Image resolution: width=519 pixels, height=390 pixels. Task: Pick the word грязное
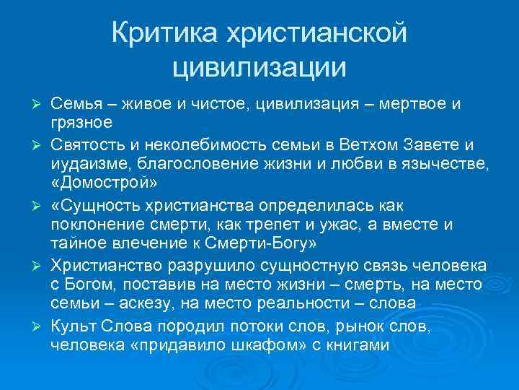[81, 123]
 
